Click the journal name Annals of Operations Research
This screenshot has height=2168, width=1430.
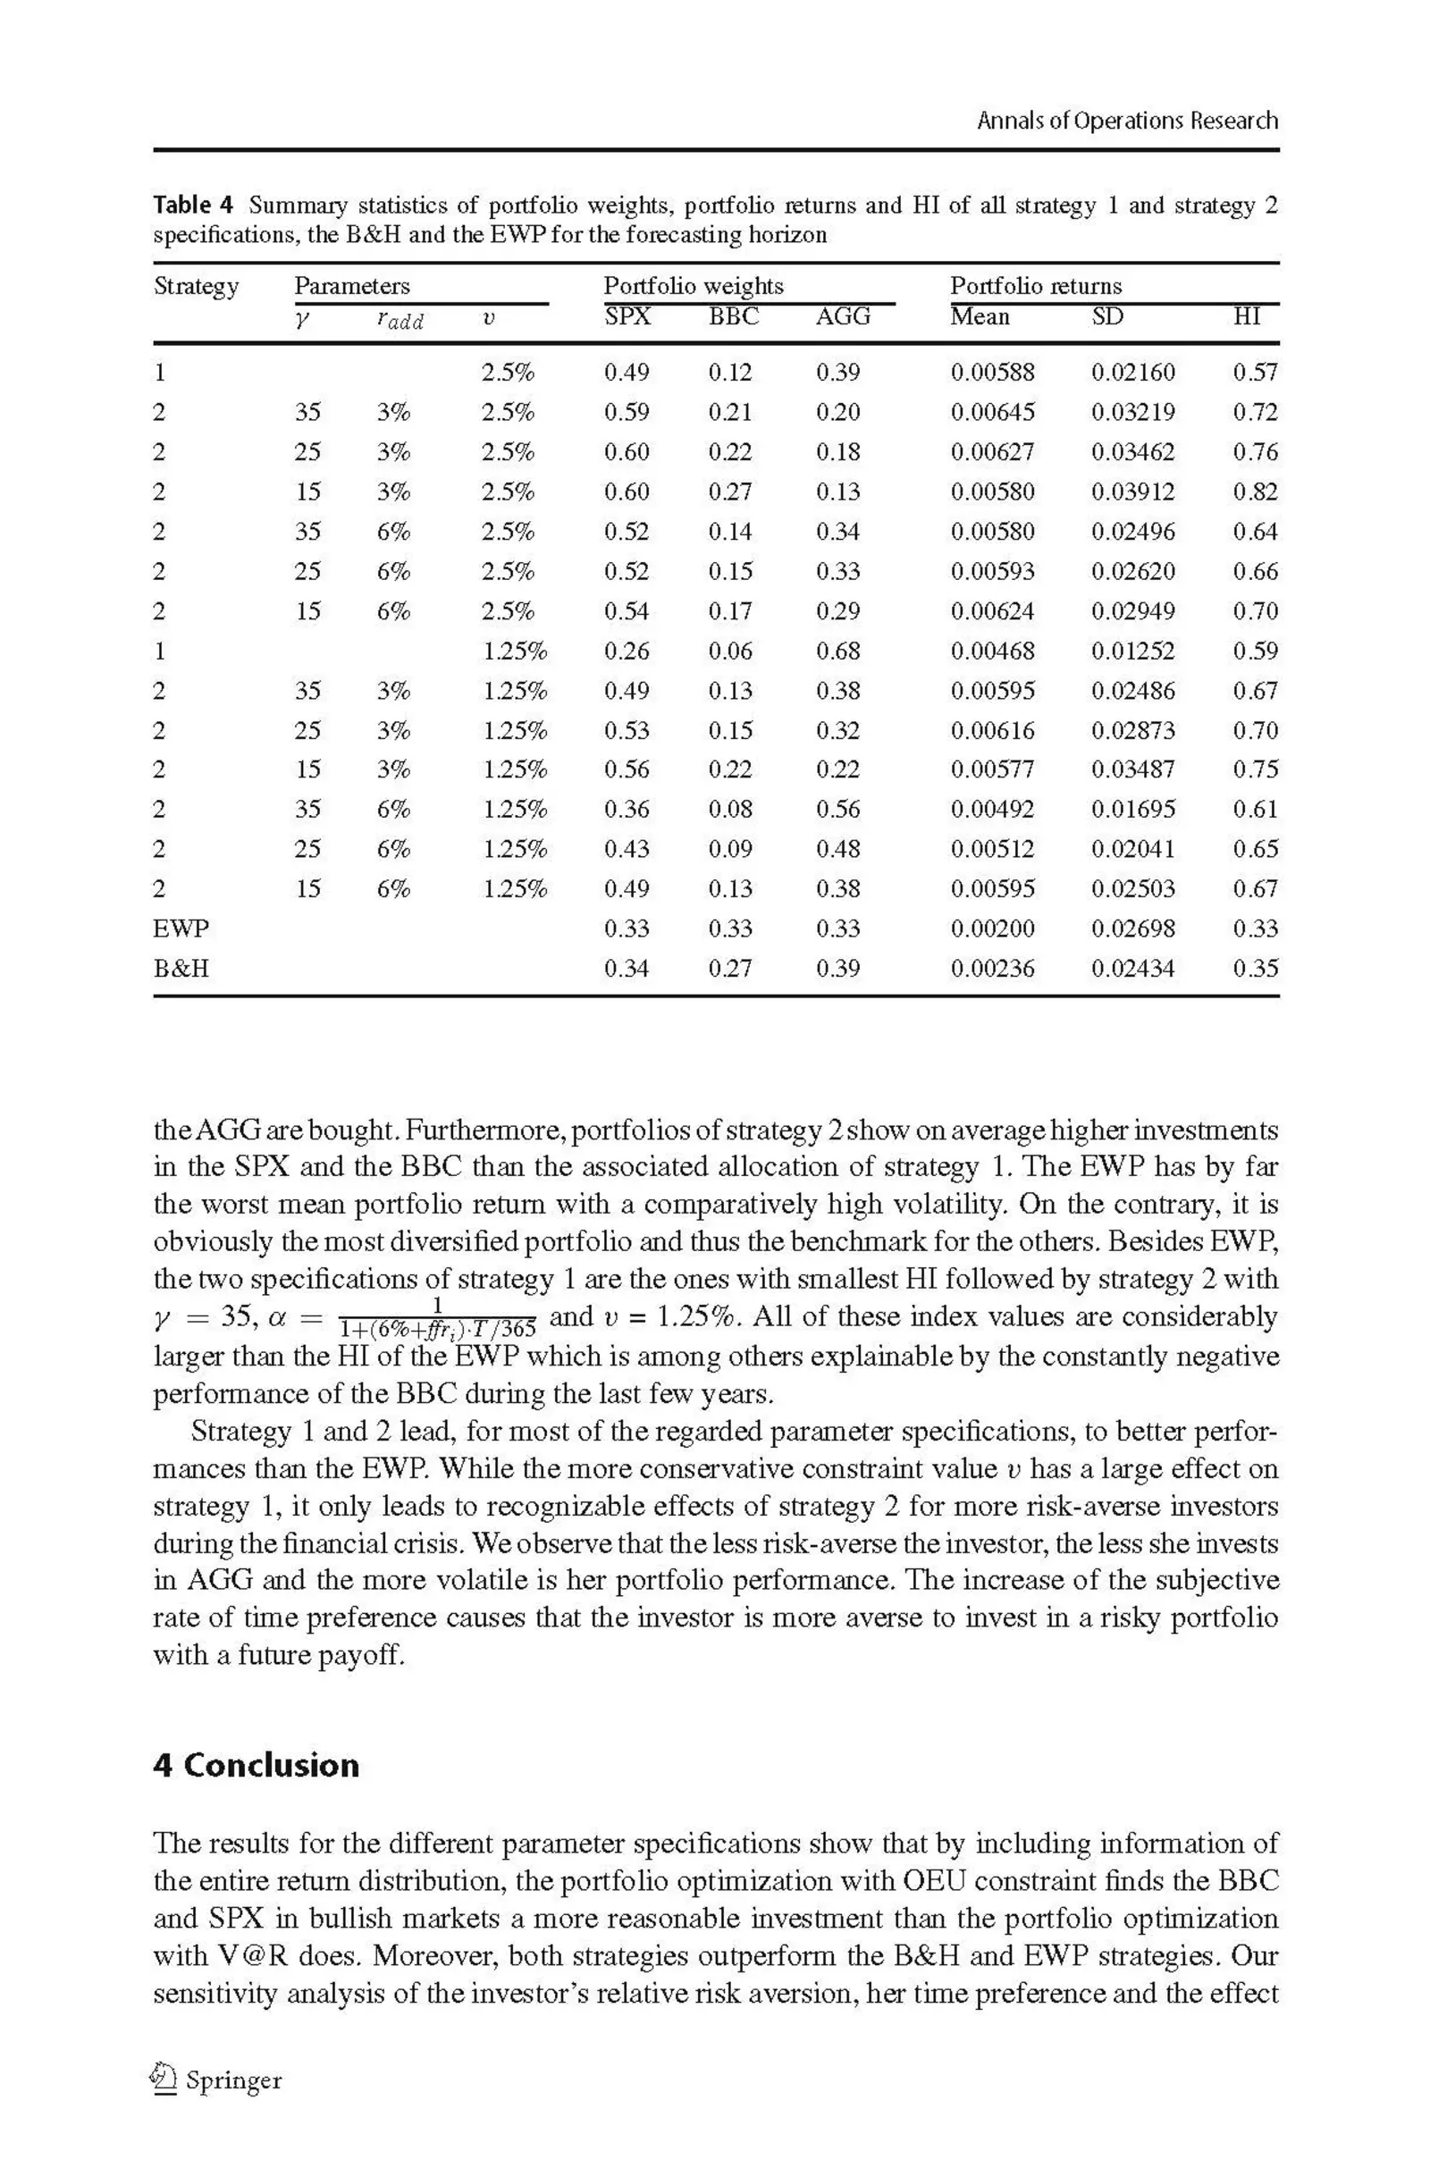pos(1126,121)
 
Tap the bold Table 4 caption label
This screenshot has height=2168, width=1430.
pos(193,206)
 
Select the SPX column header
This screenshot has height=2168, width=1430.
pos(627,316)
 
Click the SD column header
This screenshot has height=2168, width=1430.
pos(1107,316)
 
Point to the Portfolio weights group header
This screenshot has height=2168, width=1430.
pos(694,286)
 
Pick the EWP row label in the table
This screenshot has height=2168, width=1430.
pos(181,929)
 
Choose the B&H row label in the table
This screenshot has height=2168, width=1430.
pos(181,968)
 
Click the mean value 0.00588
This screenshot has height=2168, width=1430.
pos(992,372)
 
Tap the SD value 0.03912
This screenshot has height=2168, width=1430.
pos(1132,492)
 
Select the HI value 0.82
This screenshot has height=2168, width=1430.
pos(1255,492)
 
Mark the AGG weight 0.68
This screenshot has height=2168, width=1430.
pos(837,651)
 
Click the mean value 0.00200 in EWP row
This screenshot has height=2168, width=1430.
pos(992,929)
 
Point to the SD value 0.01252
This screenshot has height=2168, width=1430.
pos(1132,651)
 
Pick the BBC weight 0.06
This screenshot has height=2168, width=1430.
pos(729,651)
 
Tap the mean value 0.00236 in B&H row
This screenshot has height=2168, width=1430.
pos(992,968)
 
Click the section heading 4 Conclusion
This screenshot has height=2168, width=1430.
pos(257,1766)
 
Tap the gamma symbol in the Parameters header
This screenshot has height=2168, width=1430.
pos(304,318)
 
